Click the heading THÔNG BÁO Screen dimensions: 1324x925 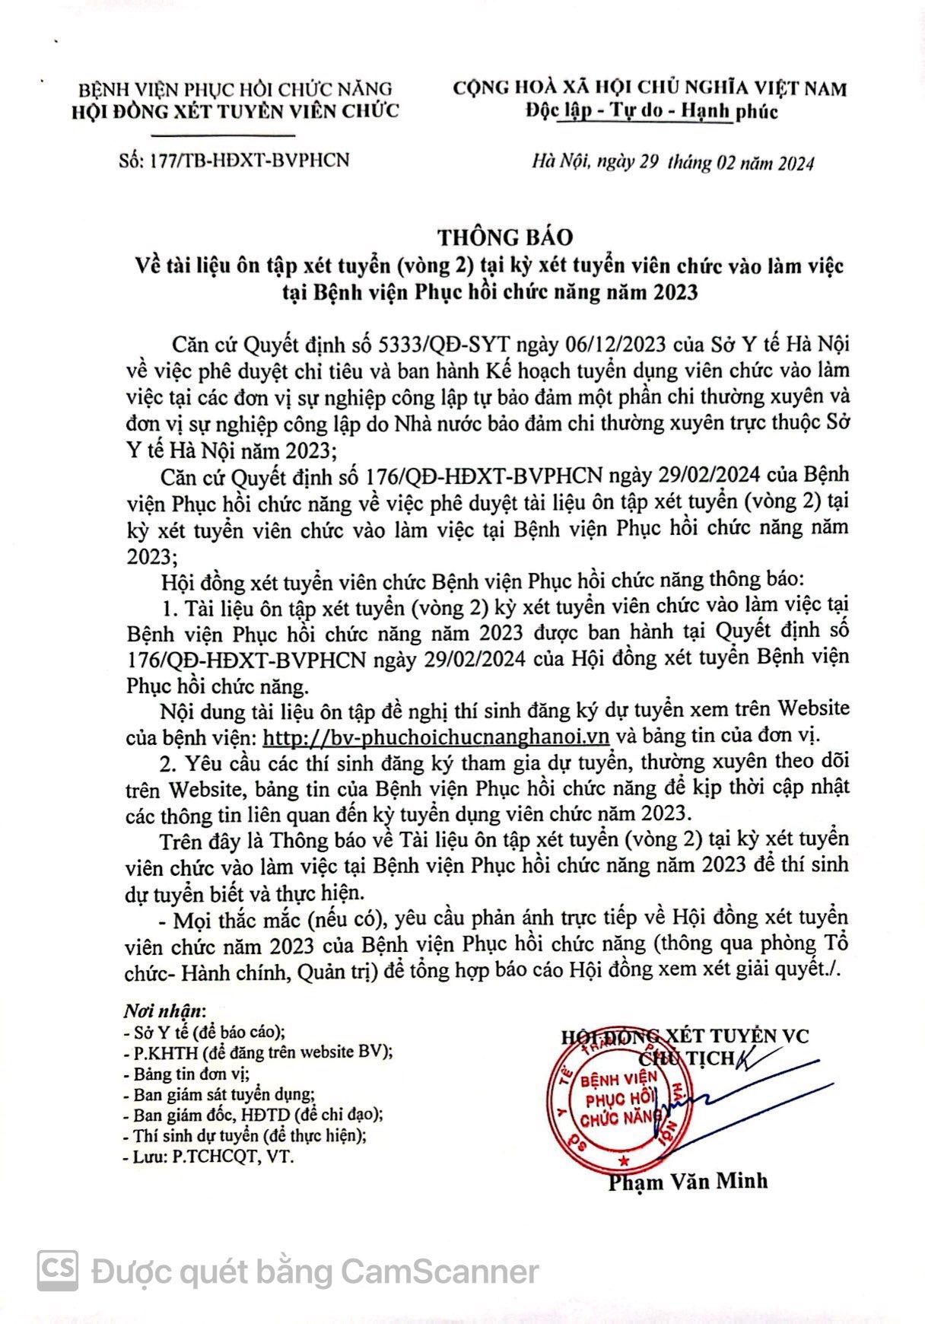pyautogui.click(x=504, y=237)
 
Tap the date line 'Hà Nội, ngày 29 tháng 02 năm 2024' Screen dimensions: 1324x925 pyautogui.click(x=672, y=162)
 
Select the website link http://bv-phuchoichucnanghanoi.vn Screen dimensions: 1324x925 pyautogui.click(x=436, y=736)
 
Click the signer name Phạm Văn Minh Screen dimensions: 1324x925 pyautogui.click(x=688, y=1181)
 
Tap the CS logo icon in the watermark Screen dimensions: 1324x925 pyautogui.click(x=59, y=1270)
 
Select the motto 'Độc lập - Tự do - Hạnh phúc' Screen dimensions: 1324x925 pyautogui.click(x=651, y=112)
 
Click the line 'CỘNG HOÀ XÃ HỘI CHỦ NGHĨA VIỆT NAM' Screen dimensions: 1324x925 pyautogui.click(x=650, y=88)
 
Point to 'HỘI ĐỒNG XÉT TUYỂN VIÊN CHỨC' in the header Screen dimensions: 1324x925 pyautogui.click(x=234, y=111)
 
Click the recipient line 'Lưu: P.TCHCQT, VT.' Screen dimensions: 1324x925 pyautogui.click(x=208, y=1157)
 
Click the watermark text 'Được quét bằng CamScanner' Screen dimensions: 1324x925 pyautogui.click(x=315, y=1271)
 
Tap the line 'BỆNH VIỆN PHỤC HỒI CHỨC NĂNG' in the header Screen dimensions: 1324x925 pyautogui.click(x=235, y=89)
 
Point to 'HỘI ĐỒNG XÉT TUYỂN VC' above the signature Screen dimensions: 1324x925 pyautogui.click(x=685, y=1036)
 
